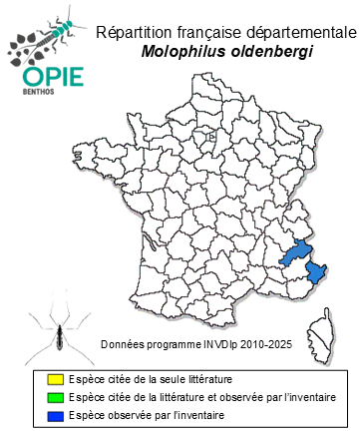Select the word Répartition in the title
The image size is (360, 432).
click(x=134, y=31)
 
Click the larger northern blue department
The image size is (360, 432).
click(x=293, y=248)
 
